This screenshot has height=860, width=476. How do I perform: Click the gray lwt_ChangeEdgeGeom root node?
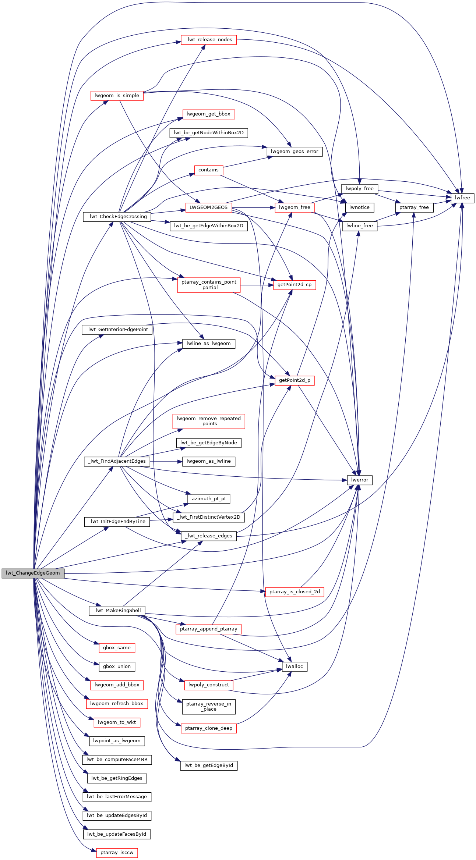[x=33, y=573]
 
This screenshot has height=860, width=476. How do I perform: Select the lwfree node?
[x=462, y=198]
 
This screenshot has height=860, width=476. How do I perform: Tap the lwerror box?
[x=360, y=480]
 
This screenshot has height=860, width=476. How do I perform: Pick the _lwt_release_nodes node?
[x=209, y=40]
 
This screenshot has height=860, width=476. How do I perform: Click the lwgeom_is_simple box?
[x=117, y=96]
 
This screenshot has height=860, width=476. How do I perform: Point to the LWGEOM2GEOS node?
[x=209, y=207]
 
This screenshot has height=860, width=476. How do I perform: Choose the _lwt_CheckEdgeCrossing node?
[x=117, y=217]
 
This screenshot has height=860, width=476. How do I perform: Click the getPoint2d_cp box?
[x=295, y=285]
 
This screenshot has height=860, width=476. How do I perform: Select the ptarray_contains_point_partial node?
[x=209, y=285]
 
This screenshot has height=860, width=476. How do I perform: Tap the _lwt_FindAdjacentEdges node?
[x=117, y=461]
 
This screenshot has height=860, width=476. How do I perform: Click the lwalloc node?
[x=295, y=667]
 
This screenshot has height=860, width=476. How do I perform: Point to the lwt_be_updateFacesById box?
[x=117, y=834]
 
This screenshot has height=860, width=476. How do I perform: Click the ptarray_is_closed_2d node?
[x=295, y=592]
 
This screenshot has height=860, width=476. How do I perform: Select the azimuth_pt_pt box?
[x=209, y=499]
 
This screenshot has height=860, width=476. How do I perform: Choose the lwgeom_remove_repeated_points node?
[x=209, y=421]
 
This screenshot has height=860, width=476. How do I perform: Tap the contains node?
[x=209, y=170]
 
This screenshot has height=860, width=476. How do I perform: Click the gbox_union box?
[x=117, y=667]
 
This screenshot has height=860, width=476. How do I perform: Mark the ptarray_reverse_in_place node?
[x=209, y=707]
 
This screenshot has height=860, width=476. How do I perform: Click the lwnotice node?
[x=360, y=207]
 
